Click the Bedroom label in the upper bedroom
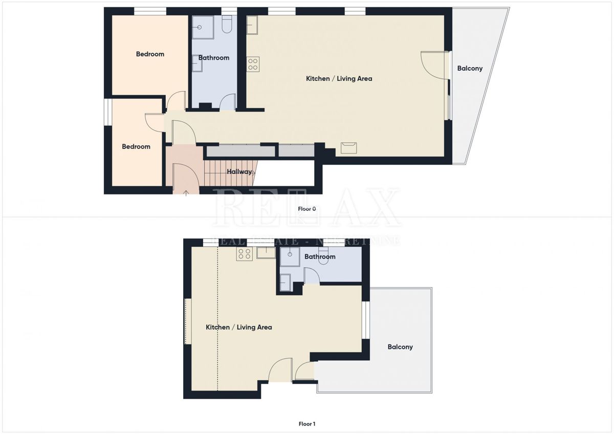tap(150, 54)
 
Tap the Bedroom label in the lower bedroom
tap(136, 147)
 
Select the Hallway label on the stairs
tap(239, 172)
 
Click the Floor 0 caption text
tap(307, 209)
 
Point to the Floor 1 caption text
tap(307, 424)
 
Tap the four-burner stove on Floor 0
tap(253, 64)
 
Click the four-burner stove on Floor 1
tap(244, 254)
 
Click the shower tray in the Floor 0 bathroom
tap(203, 27)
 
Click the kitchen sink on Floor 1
tap(266, 253)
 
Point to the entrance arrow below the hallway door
tap(185, 192)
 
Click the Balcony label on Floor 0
tap(470, 69)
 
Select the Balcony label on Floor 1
tap(400, 347)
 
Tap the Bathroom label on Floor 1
tap(320, 257)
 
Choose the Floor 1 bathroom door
tap(312, 276)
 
